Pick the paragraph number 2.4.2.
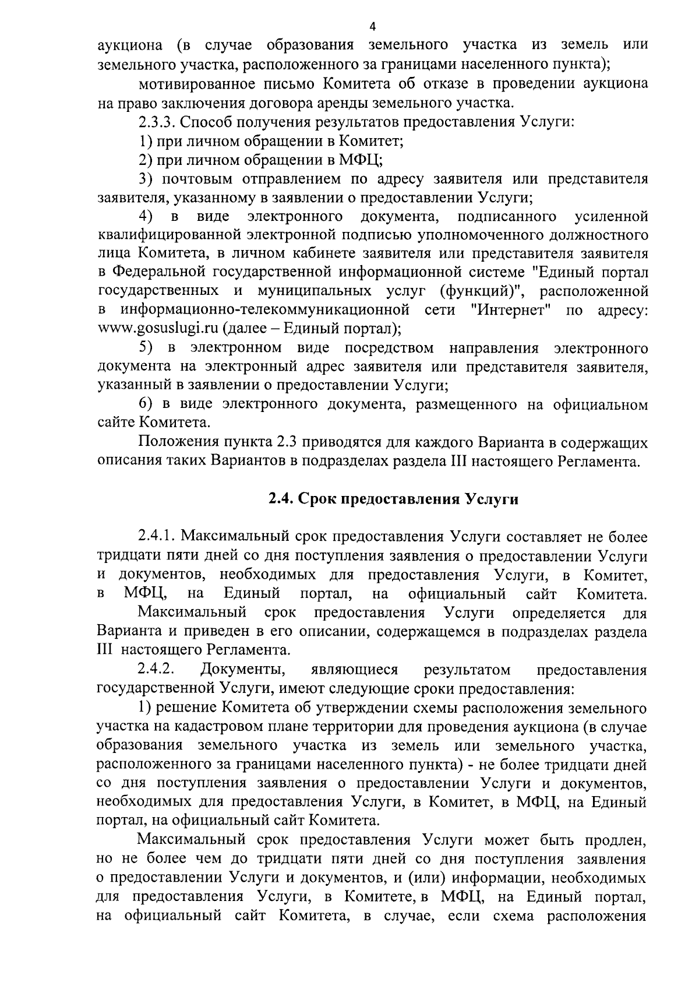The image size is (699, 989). point(158,669)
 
